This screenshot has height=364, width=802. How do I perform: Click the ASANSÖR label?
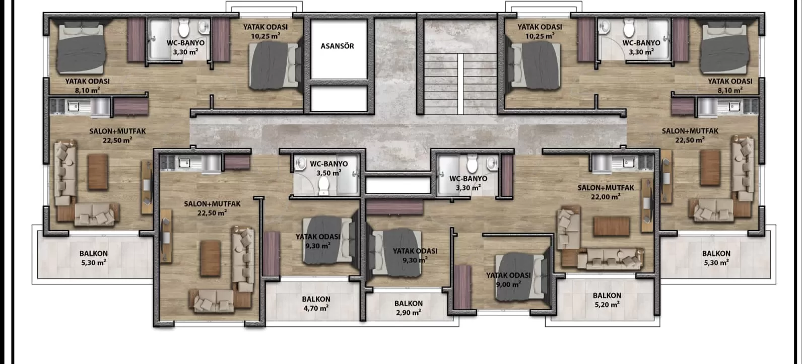pyautogui.click(x=337, y=46)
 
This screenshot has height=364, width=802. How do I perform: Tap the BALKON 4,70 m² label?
pyautogui.click(x=316, y=304)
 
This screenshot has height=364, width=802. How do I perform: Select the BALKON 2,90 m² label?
pyautogui.click(x=408, y=308)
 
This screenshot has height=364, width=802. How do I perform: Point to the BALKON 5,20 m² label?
pyautogui.click(x=607, y=300)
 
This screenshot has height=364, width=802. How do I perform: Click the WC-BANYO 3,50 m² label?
pyautogui.click(x=328, y=168)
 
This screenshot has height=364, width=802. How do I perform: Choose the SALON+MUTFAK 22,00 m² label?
pyautogui.click(x=606, y=192)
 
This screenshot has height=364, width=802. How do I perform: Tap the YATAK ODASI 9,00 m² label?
pyautogui.click(x=508, y=279)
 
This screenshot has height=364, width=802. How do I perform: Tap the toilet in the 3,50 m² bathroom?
pyautogui.click(x=323, y=185)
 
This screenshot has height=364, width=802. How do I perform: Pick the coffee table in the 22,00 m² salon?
pyautogui.click(x=611, y=226)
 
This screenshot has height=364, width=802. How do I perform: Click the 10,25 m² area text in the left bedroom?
pyautogui.click(x=265, y=36)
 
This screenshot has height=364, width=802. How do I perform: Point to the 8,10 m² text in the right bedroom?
pyautogui.click(x=729, y=90)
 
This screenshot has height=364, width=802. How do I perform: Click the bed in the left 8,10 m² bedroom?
pyautogui.click(x=82, y=48)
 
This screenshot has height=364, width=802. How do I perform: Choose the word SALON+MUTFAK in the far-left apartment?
pyautogui.click(x=117, y=131)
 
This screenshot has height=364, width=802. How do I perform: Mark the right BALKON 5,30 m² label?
pyautogui.click(x=716, y=258)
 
